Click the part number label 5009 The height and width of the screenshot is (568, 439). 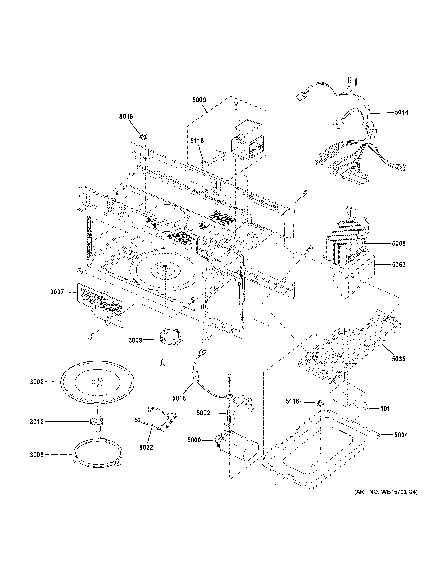click(x=199, y=100)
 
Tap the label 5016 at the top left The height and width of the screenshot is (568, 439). click(x=126, y=117)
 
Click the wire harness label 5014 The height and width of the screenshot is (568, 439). click(x=402, y=112)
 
